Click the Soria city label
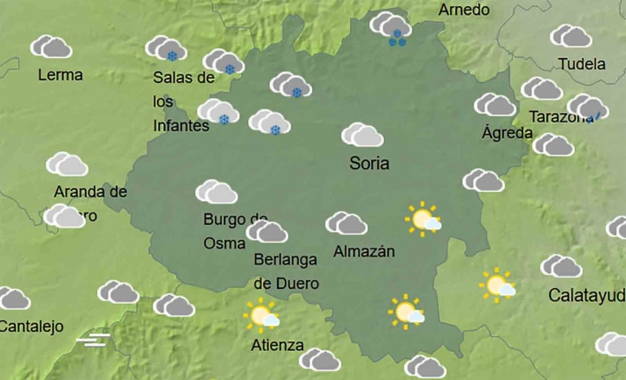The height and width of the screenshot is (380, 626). [369, 163]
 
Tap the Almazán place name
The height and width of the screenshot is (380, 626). [364, 251]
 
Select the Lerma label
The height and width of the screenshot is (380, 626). [60, 74]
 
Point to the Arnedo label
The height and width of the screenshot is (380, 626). [464, 10]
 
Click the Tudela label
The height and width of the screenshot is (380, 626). [581, 64]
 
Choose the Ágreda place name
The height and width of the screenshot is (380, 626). [507, 133]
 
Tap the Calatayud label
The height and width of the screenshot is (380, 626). [587, 294]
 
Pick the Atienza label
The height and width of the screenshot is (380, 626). [277, 344]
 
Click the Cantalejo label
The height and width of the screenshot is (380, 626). [32, 327]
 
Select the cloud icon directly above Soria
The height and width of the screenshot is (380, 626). [362, 135]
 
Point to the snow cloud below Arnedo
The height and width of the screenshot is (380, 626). [391, 27]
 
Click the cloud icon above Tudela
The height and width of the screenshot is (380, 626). [571, 36]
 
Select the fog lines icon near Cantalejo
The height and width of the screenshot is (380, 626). [93, 339]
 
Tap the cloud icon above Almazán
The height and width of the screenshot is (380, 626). [346, 223]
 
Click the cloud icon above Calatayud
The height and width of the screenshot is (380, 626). [561, 266]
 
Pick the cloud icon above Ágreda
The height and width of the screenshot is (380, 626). [494, 105]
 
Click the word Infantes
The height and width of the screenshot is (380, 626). [181, 125]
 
